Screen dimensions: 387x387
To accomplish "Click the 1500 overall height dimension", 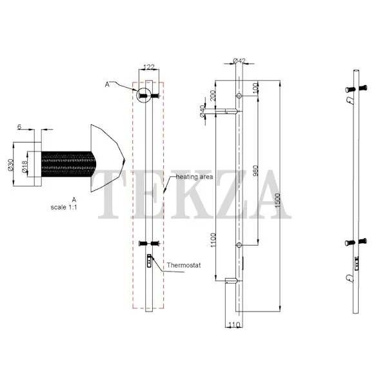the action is pyautogui.click(x=277, y=200).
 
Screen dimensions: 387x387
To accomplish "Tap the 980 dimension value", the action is pyautogui.click(x=256, y=170).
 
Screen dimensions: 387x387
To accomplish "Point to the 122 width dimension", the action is pyautogui.click(x=149, y=66).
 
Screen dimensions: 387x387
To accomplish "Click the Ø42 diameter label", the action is pyautogui.click(x=239, y=61).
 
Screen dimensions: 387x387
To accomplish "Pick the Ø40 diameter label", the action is pyautogui.click(x=202, y=111).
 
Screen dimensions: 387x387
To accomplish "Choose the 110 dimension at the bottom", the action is pyautogui.click(x=234, y=325).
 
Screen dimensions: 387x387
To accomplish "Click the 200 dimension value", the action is pyautogui.click(x=212, y=95).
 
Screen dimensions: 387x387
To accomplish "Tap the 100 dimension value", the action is pyautogui.click(x=255, y=87).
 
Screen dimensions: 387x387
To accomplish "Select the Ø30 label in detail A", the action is pyautogui.click(x=10, y=165).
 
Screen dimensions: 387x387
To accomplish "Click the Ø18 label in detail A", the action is pyautogui.click(x=25, y=167).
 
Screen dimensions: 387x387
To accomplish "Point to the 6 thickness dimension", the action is pyautogui.click(x=19, y=127).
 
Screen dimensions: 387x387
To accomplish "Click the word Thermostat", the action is pyautogui.click(x=184, y=265).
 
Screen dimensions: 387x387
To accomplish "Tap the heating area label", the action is pyautogui.click(x=194, y=177).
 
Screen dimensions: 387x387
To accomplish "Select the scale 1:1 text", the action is pyautogui.click(x=64, y=207).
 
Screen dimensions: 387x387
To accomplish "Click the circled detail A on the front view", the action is pyautogui.click(x=144, y=95).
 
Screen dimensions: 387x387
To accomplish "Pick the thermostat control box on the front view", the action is pyautogui.click(x=149, y=261).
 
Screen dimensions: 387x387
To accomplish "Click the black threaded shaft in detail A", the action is pyautogui.click(x=68, y=164).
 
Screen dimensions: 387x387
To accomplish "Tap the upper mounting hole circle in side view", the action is pyautogui.click(x=239, y=95).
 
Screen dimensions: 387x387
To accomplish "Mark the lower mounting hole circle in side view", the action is pyautogui.click(x=239, y=245).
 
